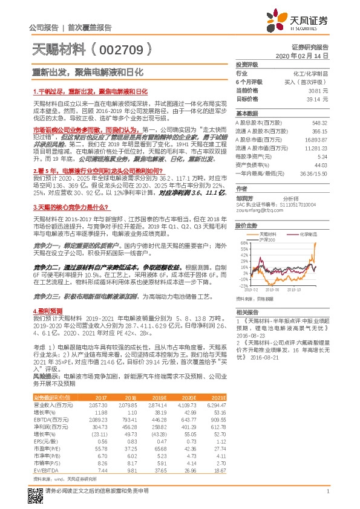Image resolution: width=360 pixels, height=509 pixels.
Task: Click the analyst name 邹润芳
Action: tap(244, 197)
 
